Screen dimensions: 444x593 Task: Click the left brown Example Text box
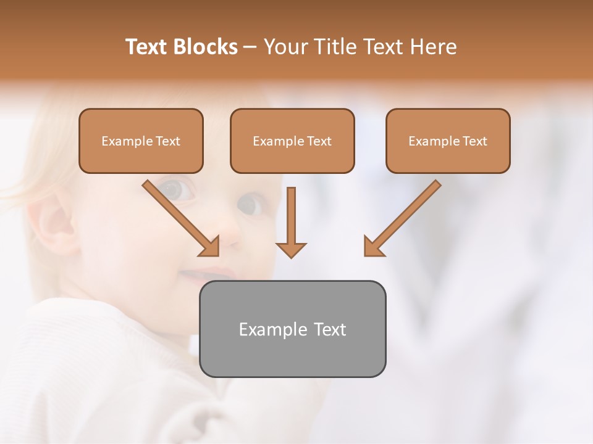[x=141, y=141]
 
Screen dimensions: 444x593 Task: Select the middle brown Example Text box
[x=292, y=141]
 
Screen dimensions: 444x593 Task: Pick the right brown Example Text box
[x=448, y=141]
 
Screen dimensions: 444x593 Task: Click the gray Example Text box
[x=292, y=329]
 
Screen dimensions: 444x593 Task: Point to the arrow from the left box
[x=179, y=216]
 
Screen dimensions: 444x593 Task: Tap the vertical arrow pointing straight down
[x=291, y=219]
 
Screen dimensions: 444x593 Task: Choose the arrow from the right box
[x=404, y=216]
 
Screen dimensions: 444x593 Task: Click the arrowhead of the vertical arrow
[x=291, y=249]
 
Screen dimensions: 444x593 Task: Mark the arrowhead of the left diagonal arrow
[x=210, y=247]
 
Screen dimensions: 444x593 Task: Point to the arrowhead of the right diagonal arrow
[x=373, y=247]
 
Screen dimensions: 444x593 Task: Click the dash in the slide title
[x=250, y=47]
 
